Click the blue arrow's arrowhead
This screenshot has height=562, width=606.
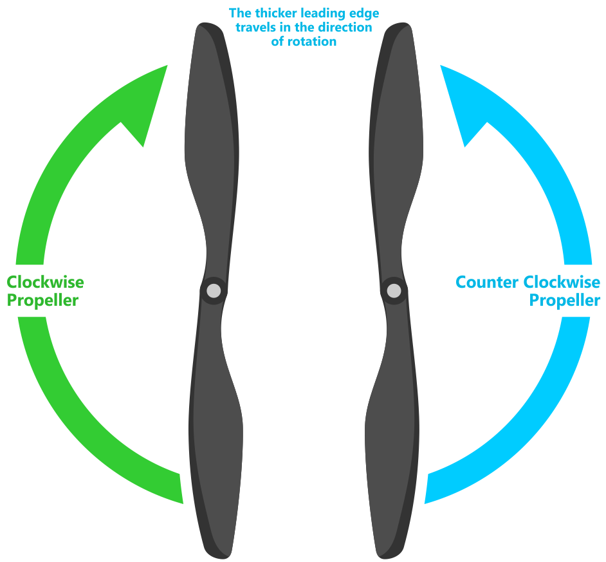coord(458,103)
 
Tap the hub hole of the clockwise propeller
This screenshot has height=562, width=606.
coord(214,291)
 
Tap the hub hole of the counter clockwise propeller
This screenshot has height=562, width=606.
coord(394,291)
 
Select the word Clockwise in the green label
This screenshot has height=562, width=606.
coord(45,282)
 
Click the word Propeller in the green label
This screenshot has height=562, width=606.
coord(42,301)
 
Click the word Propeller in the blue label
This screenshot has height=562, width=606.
coord(564,301)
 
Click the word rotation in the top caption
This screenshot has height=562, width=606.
coord(315,42)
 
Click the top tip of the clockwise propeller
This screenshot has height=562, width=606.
coord(207,26)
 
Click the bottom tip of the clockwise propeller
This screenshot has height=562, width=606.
coord(219,555)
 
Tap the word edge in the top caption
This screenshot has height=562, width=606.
coord(363,13)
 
